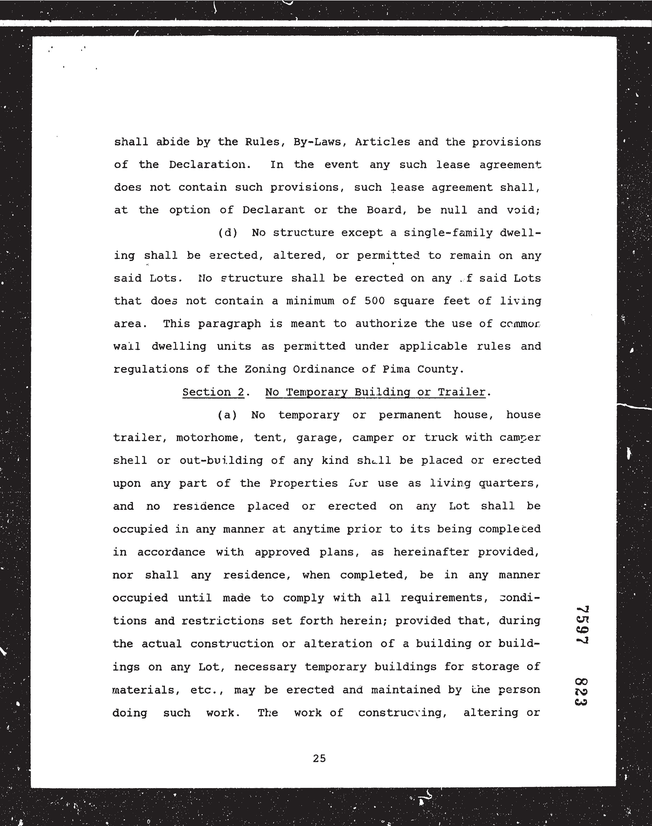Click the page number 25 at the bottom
tap(319, 759)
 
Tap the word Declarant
tap(273, 210)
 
